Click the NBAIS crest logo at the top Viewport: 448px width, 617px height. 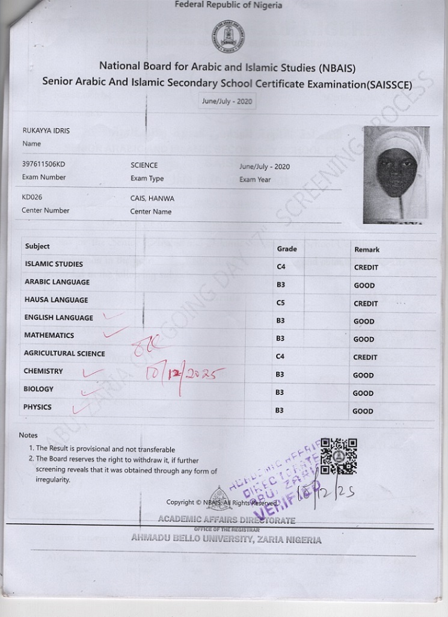tap(228, 37)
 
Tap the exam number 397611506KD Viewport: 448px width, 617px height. tap(44, 165)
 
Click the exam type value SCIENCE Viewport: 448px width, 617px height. tap(144, 165)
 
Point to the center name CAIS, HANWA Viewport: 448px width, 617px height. tap(153, 198)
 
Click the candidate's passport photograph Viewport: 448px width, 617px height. tap(396, 174)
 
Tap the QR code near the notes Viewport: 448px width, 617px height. tap(339, 456)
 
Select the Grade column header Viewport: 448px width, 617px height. tap(287, 248)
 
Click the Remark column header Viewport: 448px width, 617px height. tap(367, 249)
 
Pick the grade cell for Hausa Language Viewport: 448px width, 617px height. tap(281, 303)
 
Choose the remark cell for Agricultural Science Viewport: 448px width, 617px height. tap(366, 357)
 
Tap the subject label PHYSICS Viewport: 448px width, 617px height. tap(38, 407)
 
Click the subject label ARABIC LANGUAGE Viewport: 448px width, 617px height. tap(57, 282)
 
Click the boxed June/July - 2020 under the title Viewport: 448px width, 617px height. tap(226, 102)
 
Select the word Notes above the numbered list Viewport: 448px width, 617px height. tap(28, 435)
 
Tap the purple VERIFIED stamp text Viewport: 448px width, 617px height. tap(298, 490)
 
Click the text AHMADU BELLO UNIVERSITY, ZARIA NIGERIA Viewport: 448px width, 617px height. tap(226, 539)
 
